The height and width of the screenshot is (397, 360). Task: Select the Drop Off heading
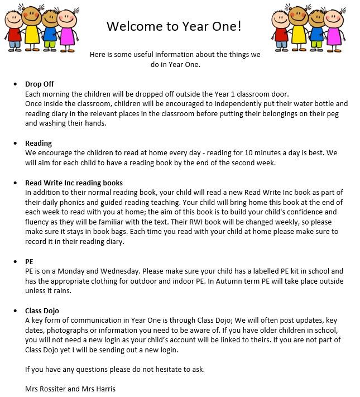(x=40, y=84)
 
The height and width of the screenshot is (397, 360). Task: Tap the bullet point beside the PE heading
(x=15, y=261)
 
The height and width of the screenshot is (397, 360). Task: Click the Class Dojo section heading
(x=42, y=310)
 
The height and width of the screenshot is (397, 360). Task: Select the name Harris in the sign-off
(x=104, y=389)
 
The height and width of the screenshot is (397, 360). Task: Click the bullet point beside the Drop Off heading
(x=15, y=84)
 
